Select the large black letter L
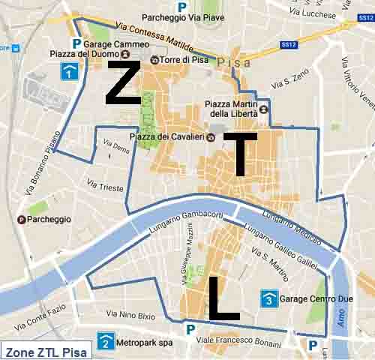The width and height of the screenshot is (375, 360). click(223, 298)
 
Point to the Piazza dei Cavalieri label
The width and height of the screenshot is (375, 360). click(167, 136)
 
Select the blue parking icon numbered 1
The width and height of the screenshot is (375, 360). click(70, 72)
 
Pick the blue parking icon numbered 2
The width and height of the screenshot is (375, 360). click(106, 342)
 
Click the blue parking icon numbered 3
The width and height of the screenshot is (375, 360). click(269, 298)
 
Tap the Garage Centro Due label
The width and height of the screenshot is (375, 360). click(316, 298)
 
